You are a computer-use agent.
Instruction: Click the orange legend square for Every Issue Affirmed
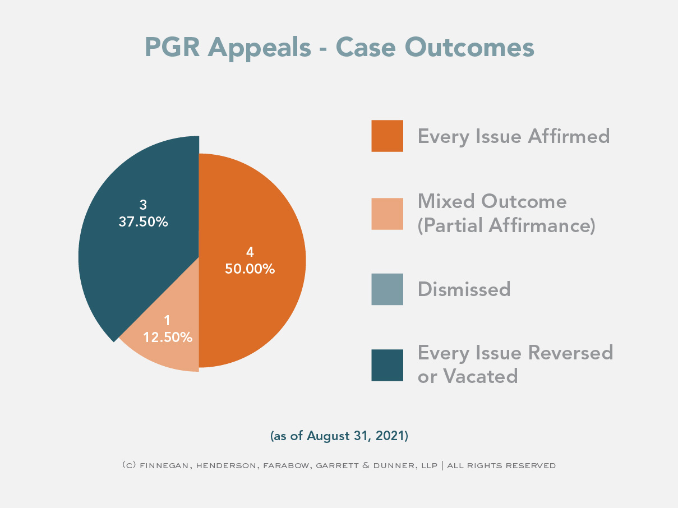[x=387, y=136]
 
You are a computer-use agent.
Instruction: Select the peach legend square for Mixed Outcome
[x=387, y=214]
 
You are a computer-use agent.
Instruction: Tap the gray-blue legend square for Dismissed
[x=387, y=289]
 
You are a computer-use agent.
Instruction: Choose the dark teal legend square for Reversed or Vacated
[x=387, y=366]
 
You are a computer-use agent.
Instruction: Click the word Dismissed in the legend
[x=464, y=289]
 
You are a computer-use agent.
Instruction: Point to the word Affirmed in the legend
[x=569, y=136]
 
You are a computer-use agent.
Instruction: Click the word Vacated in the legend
[x=480, y=376]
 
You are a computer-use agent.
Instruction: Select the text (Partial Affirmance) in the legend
[x=506, y=225]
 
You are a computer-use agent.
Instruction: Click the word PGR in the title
[x=172, y=47]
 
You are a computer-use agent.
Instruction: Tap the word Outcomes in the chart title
[x=469, y=47]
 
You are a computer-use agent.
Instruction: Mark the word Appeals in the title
[x=259, y=49]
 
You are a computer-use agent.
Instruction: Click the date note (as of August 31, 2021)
[x=339, y=436]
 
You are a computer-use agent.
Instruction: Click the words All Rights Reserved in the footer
[x=501, y=465]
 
